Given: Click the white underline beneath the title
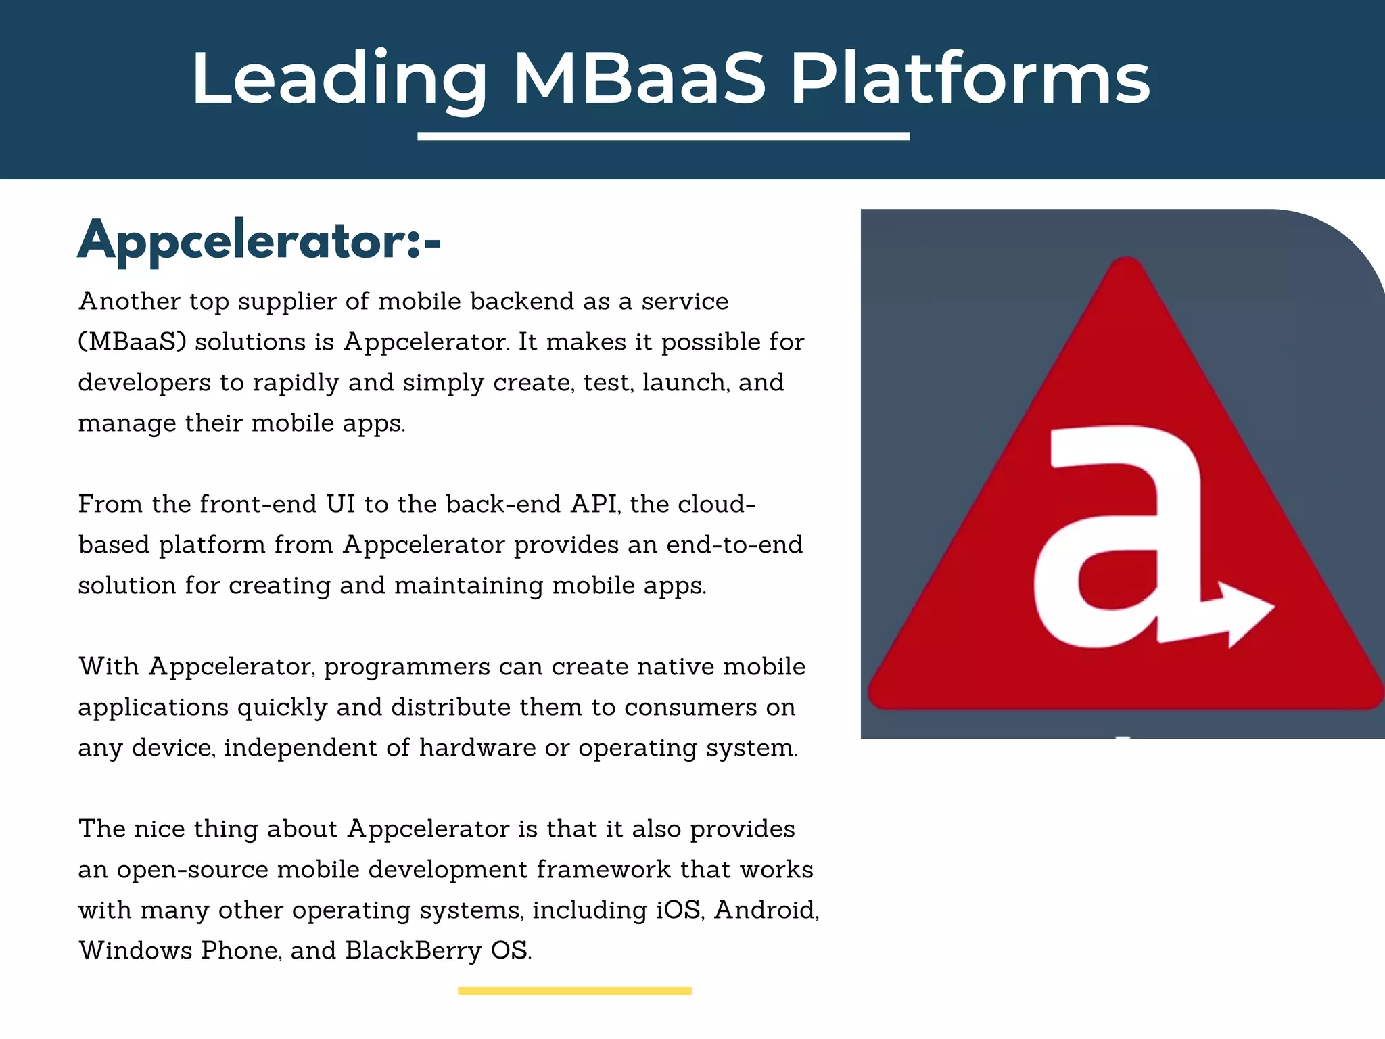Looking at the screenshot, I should click(x=663, y=137).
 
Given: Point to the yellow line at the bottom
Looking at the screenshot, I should click(x=574, y=991).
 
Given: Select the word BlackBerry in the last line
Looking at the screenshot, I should click(x=413, y=950).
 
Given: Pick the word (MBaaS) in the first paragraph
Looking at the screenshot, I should click(x=132, y=342).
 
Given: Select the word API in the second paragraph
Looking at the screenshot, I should click(x=594, y=504).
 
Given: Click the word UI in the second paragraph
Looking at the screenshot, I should click(x=341, y=504).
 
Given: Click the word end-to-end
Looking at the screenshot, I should click(x=734, y=545).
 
